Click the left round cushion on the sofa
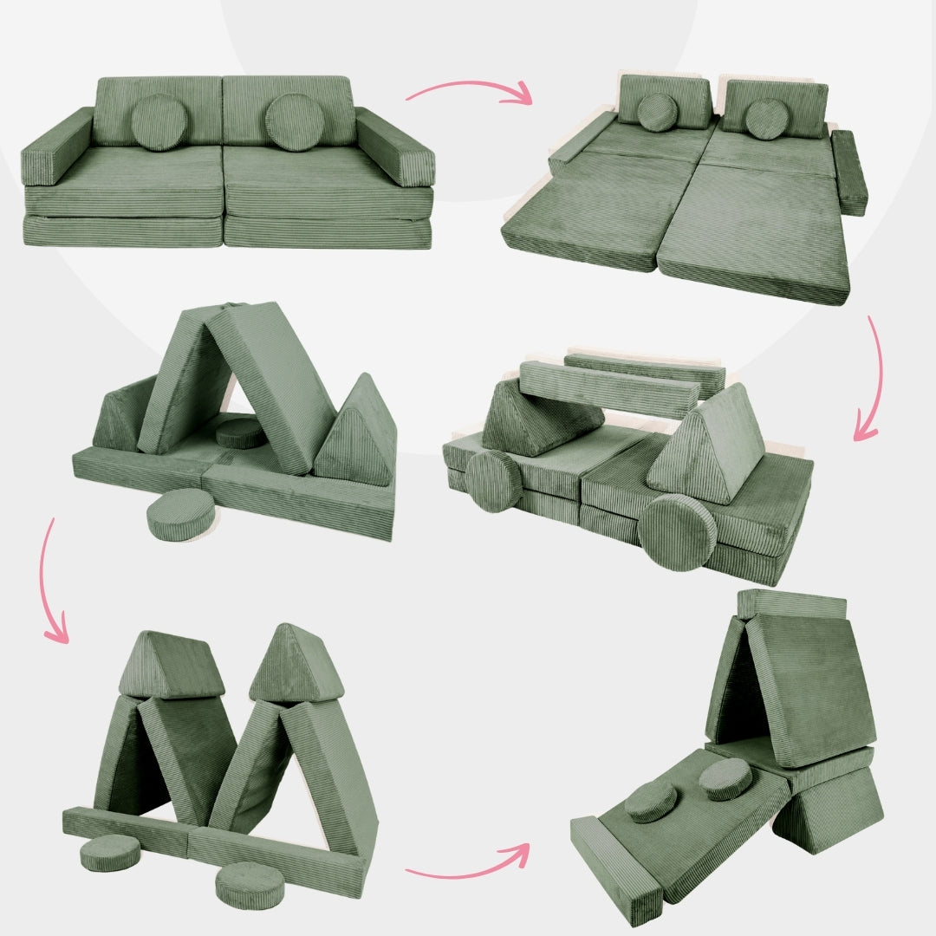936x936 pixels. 159,122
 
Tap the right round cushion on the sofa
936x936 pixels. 294,121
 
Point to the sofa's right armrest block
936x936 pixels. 395,146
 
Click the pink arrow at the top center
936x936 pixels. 468,90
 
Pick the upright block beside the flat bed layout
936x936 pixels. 849,172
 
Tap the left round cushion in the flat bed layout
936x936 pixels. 658,113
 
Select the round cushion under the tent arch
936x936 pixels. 240,432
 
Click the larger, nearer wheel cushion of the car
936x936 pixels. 678,532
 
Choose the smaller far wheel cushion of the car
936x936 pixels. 493,482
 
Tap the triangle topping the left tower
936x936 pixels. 171,665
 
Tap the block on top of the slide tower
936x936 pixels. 790,604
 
